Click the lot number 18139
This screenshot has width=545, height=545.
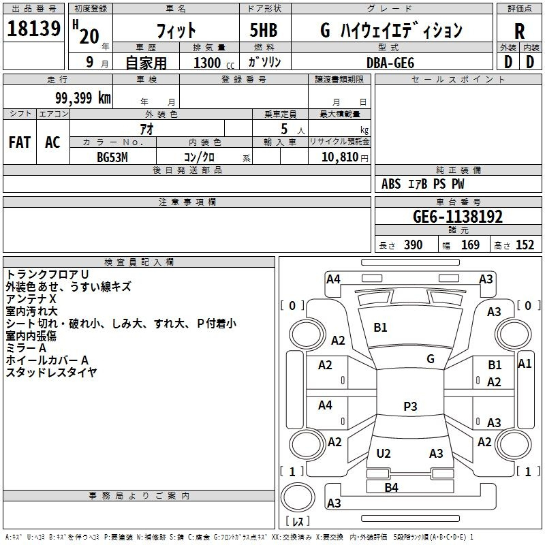click(33, 28)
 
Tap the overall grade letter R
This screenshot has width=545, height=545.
click(519, 31)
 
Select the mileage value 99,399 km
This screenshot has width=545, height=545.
click(82, 98)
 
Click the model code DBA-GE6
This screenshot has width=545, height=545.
click(390, 63)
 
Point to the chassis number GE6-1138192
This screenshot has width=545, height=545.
click(458, 217)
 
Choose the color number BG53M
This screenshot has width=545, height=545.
click(112, 157)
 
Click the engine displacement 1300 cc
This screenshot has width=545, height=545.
click(214, 63)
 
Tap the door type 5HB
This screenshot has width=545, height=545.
click(264, 30)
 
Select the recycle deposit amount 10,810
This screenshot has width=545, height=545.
click(339, 157)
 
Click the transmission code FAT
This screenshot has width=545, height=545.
click(20, 142)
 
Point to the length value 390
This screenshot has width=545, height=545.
click(413, 245)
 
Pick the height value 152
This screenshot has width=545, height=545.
click(525, 245)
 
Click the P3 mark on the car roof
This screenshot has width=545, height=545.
click(410, 406)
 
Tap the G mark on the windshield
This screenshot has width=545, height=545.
click(431, 359)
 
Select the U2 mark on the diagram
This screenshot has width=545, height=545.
click(384, 453)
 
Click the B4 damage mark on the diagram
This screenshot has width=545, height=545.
click(391, 488)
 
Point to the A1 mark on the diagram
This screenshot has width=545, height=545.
click(525, 364)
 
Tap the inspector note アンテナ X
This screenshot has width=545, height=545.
click(31, 299)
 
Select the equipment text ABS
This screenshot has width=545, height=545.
click(391, 184)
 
